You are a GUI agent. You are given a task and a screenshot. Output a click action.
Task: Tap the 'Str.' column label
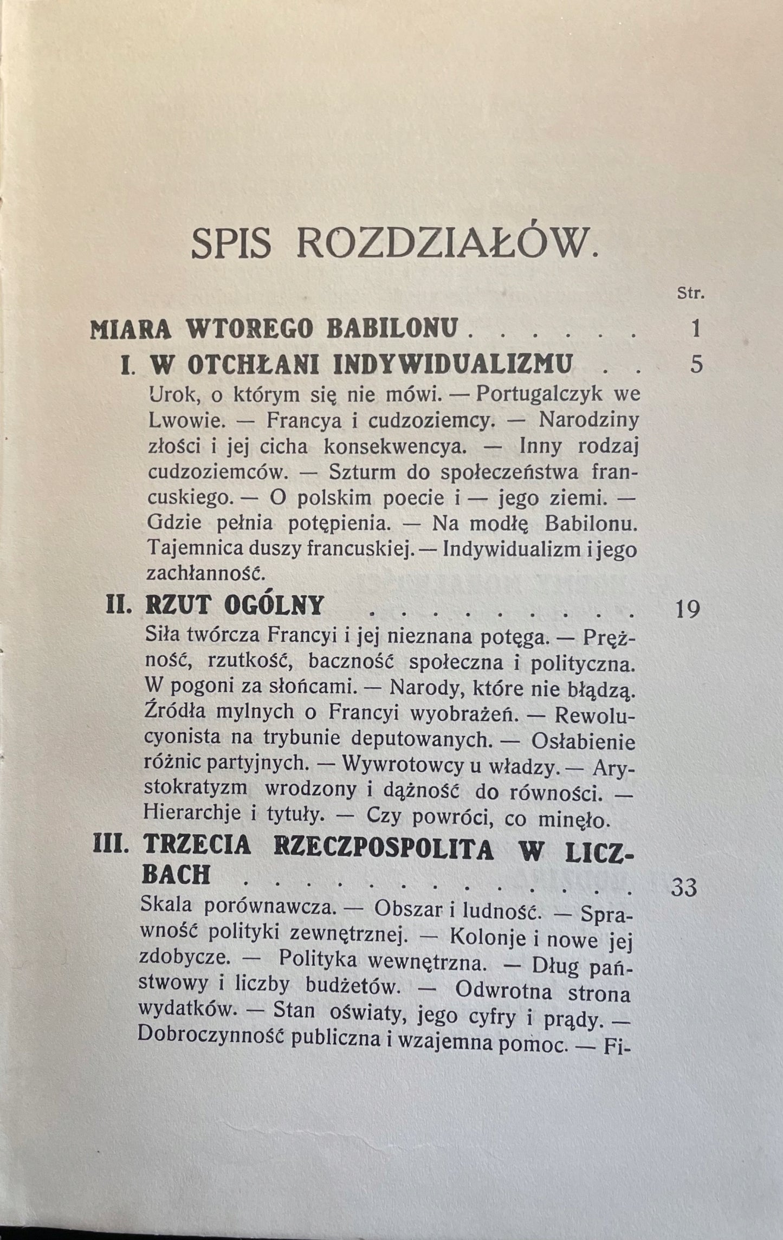point(690,295)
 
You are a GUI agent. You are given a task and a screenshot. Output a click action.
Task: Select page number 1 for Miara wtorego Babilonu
point(696,329)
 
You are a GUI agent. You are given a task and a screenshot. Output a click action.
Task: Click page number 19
point(688,610)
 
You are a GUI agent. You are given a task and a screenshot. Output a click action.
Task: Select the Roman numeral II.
point(120,604)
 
